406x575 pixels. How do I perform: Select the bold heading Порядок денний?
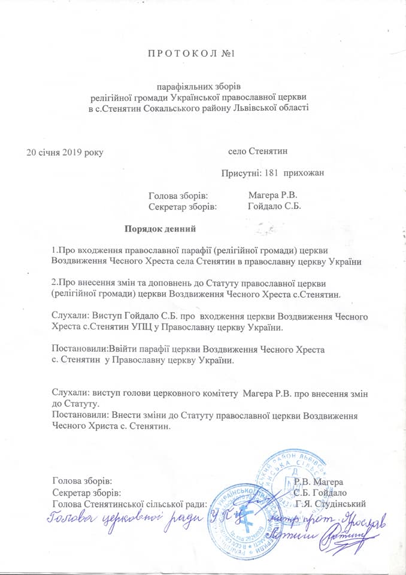pos(160,228)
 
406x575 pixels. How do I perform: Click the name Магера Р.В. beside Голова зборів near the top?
pos(273,195)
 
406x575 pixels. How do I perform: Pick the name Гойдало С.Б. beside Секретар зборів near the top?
pos(274,206)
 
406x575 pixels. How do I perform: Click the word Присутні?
pos(241,173)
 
